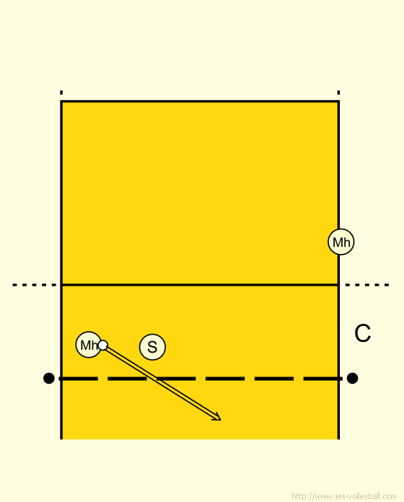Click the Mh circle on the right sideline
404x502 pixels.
[x=341, y=242]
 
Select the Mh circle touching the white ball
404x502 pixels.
[x=89, y=345]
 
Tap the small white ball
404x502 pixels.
[x=102, y=345]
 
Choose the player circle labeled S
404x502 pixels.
[x=152, y=347]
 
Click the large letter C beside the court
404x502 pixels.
[x=362, y=333]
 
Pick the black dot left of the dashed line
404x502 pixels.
[x=48, y=378]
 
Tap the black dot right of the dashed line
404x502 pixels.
[x=352, y=378]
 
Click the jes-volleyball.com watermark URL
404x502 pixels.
[x=344, y=496]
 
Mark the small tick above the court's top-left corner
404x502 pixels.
[x=61, y=92]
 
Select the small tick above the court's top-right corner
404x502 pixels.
[x=338, y=92]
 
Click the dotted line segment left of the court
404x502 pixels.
[x=34, y=285]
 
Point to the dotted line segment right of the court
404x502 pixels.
[x=367, y=285]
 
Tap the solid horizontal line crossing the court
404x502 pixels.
[x=200, y=284]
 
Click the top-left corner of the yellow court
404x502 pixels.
[x=61, y=102]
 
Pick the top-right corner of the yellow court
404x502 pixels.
[x=338, y=102]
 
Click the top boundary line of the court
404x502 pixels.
[x=200, y=102]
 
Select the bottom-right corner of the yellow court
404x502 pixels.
[x=338, y=439]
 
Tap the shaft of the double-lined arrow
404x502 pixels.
[x=161, y=382]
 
